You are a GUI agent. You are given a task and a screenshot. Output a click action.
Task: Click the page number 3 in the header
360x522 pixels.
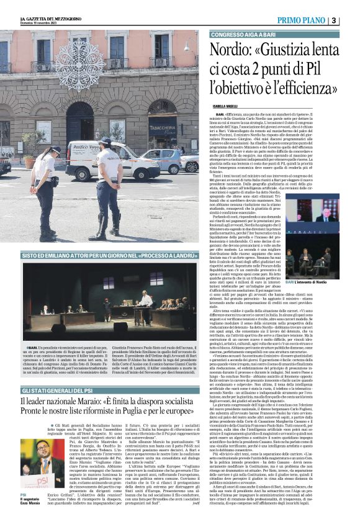tap(351, 20)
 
